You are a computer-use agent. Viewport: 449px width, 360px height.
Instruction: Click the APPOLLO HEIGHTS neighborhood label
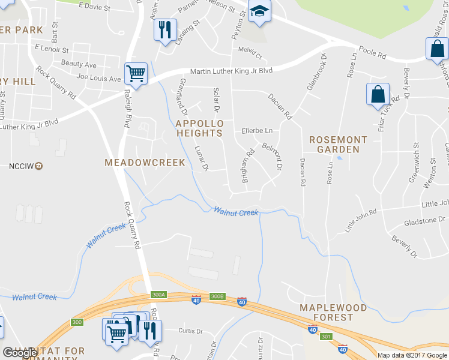click(199, 128)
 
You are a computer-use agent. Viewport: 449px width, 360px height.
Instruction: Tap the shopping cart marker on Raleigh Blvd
click(136, 74)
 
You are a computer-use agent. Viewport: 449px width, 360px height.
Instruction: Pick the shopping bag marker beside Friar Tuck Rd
click(378, 94)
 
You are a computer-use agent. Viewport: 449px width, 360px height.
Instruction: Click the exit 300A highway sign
click(158, 295)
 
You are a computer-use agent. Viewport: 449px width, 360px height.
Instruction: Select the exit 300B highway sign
click(217, 296)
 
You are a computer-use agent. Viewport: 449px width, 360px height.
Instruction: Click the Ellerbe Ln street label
click(257, 130)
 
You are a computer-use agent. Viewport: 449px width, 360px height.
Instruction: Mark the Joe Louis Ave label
click(99, 78)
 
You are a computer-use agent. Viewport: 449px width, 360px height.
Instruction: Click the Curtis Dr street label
click(191, 331)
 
